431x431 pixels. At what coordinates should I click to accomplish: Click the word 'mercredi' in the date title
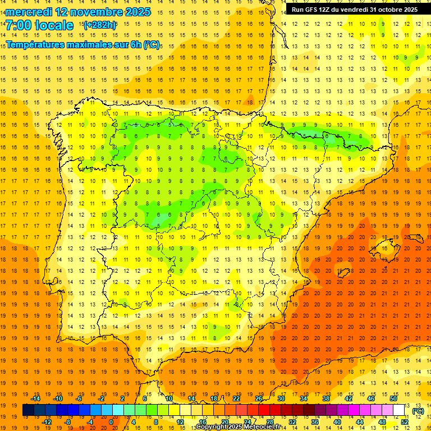[x=29, y=12]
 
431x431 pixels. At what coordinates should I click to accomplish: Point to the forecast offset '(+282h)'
[x=99, y=25]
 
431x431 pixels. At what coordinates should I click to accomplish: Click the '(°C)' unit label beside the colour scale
[x=418, y=411]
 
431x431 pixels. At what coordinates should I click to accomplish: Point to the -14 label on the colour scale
[x=35, y=398]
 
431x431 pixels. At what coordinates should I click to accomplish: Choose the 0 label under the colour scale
[x=111, y=422]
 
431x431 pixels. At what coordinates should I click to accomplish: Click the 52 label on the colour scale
[x=404, y=422]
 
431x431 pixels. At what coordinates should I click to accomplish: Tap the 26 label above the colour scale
[x=258, y=398]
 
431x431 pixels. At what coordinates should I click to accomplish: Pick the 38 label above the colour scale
[x=325, y=398]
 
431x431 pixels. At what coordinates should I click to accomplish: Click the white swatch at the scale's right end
[x=398, y=410]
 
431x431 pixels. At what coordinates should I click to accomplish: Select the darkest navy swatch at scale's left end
[x=28, y=410]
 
